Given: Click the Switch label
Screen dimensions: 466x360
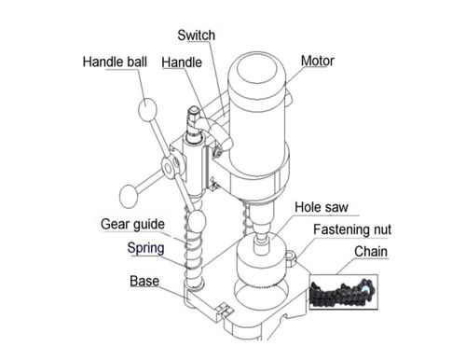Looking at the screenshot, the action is point(196,35).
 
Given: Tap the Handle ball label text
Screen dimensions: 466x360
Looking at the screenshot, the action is point(115,62).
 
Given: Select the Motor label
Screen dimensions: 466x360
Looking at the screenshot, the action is point(318,61).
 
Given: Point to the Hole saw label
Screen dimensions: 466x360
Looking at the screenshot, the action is point(322,207).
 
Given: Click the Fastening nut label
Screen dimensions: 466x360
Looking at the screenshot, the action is point(352,229).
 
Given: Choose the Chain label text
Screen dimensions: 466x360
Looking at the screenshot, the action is point(371,252).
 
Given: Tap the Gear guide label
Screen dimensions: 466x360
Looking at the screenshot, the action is point(132,224).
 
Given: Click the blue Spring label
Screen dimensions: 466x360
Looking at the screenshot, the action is point(145,248).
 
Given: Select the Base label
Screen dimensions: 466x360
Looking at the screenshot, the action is point(144,281).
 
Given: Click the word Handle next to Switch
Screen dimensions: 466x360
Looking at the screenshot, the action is point(182,62).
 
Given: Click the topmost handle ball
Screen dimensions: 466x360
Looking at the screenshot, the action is point(147,109).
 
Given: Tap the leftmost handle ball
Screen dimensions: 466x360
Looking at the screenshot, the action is point(129,196).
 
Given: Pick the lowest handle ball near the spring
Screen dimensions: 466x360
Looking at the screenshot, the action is point(197,221).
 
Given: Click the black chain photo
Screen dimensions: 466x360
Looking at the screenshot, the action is point(344,292).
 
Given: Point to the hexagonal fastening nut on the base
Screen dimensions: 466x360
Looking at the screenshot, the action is point(291,258).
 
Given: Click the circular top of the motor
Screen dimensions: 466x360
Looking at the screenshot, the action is point(256,71).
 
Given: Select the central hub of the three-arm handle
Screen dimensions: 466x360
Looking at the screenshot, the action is point(169,169).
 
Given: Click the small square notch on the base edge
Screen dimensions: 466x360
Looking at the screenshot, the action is point(225,310).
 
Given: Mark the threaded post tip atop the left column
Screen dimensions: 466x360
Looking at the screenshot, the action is point(194,110).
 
